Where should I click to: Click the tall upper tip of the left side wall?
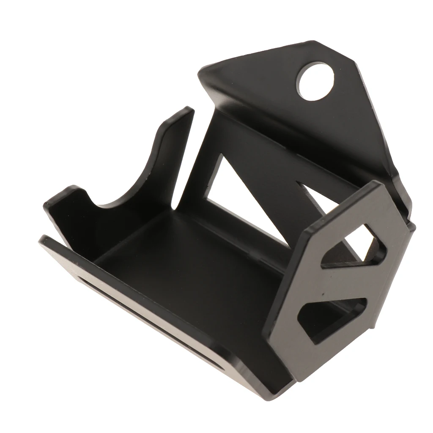(186, 111)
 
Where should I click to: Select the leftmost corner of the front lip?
(41, 240)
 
